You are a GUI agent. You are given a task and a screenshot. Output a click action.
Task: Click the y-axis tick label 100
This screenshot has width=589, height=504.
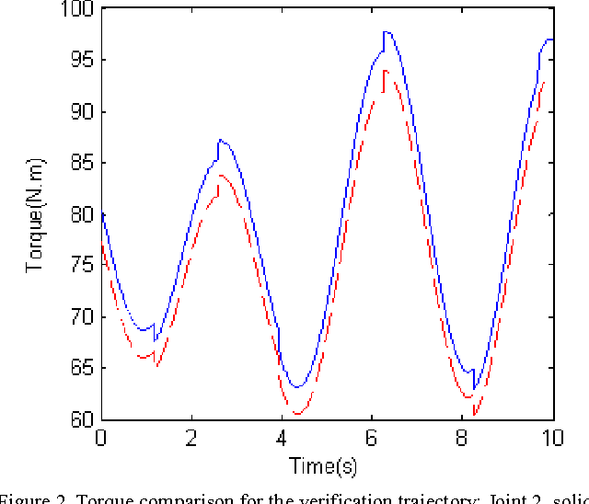[75, 9]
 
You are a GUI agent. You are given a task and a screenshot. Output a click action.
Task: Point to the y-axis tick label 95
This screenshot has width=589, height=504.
[79, 61]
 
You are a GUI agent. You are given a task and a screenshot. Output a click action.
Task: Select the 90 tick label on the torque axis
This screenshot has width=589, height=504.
[79, 112]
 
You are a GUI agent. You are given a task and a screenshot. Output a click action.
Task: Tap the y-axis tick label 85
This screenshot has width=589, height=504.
[79, 164]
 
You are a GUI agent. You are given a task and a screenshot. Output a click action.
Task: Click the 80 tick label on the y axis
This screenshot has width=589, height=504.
[79, 214]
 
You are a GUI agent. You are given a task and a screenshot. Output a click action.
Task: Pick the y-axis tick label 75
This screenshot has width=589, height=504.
[79, 266]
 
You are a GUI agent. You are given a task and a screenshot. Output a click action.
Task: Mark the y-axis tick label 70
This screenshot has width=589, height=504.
[79, 317]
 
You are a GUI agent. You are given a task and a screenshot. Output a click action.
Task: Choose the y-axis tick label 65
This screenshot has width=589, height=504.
[79, 369]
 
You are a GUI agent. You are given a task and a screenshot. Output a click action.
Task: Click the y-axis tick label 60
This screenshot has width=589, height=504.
[79, 420]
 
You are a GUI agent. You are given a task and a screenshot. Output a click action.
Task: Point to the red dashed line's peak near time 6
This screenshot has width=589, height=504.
[386, 71]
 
